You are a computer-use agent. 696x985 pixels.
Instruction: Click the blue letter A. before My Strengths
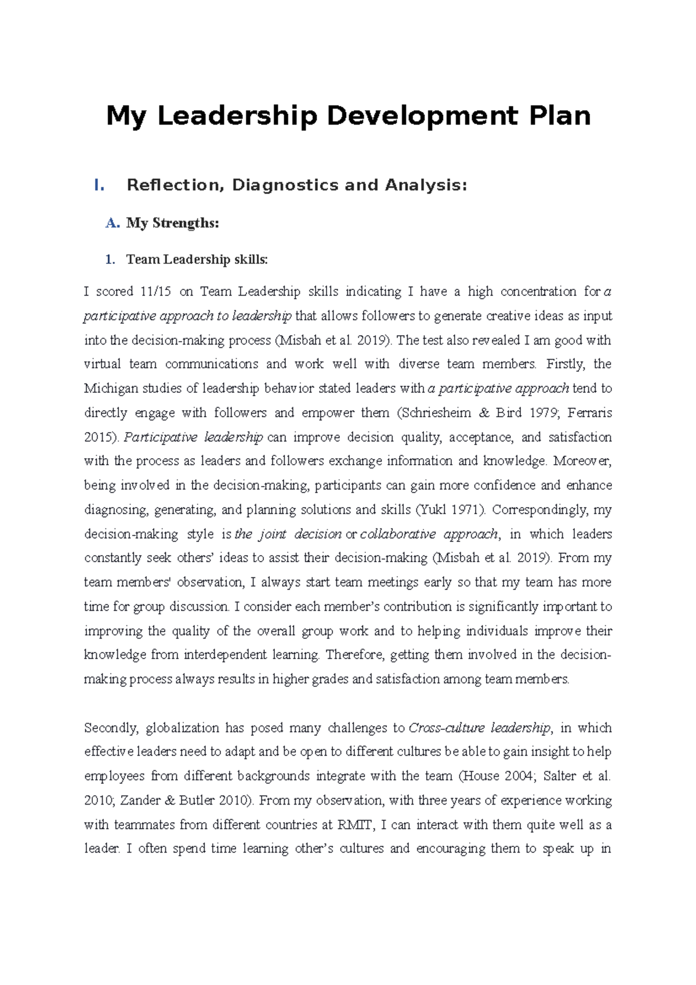click(113, 223)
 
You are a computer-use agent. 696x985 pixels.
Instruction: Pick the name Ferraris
click(590, 412)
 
